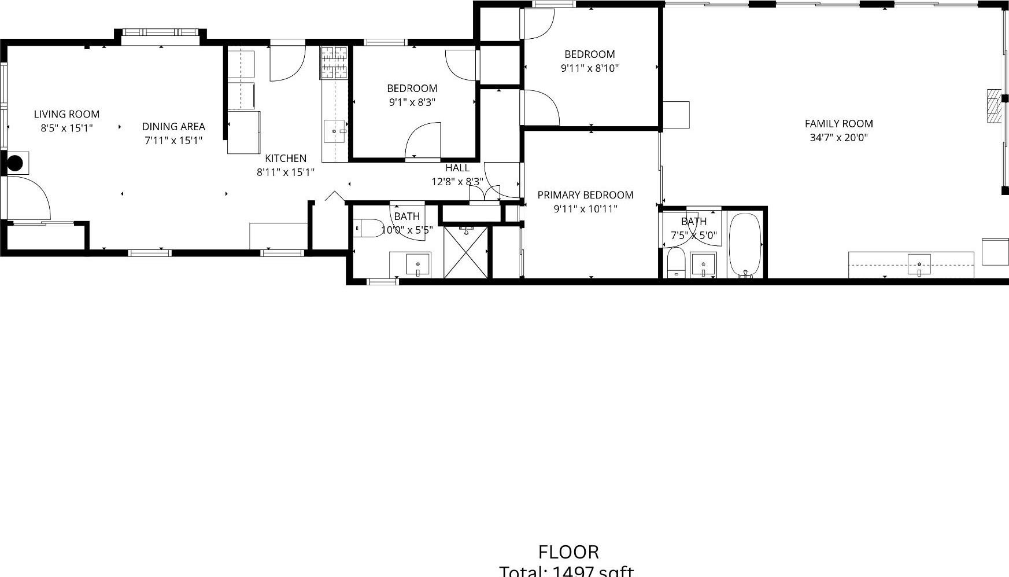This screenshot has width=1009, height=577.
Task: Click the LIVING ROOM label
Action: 66,115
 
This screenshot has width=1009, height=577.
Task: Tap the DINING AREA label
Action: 173,127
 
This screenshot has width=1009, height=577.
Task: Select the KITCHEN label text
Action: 286,159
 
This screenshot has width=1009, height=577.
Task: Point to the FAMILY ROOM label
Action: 838,124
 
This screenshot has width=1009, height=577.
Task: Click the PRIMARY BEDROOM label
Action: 585,195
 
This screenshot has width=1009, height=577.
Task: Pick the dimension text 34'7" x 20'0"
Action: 838,138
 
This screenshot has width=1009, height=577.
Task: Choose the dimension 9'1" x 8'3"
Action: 412,102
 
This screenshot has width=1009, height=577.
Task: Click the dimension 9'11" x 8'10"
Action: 589,68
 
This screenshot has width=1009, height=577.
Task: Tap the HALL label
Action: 457,168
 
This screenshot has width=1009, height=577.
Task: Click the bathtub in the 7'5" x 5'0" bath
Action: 745,244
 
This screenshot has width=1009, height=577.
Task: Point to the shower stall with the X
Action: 466,252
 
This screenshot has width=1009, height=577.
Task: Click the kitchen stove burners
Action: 334,62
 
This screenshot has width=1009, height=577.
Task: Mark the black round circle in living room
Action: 14,163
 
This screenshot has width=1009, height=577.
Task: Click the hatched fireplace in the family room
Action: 993,106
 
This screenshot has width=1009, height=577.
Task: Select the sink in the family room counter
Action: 919,264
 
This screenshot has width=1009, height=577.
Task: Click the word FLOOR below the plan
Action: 568,552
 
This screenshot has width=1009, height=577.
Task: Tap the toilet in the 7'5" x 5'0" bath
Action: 675,264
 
